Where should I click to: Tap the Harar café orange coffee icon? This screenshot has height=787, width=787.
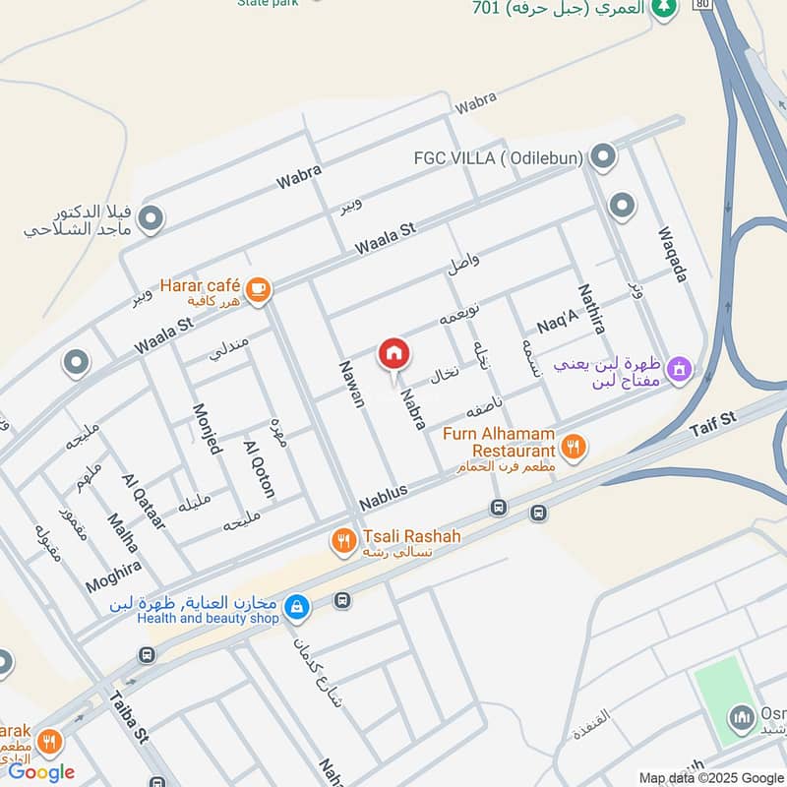tap(259, 288)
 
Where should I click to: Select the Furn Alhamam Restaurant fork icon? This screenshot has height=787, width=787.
tap(574, 447)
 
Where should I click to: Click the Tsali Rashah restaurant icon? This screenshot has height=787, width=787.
tap(343, 540)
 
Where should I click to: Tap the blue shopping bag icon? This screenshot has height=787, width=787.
tap(296, 608)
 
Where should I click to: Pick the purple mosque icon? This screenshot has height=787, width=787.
tap(679, 371)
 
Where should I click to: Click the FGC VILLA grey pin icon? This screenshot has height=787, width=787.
tap(604, 156)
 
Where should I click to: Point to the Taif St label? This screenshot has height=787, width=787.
tap(712, 424)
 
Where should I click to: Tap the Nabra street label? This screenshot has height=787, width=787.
tap(411, 407)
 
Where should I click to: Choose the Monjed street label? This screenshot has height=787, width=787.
tap(209, 429)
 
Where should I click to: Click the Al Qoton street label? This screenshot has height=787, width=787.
tap(259, 468)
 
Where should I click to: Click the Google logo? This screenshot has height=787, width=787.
tap(41, 772)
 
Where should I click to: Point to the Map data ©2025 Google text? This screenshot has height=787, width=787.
tap(710, 776)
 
